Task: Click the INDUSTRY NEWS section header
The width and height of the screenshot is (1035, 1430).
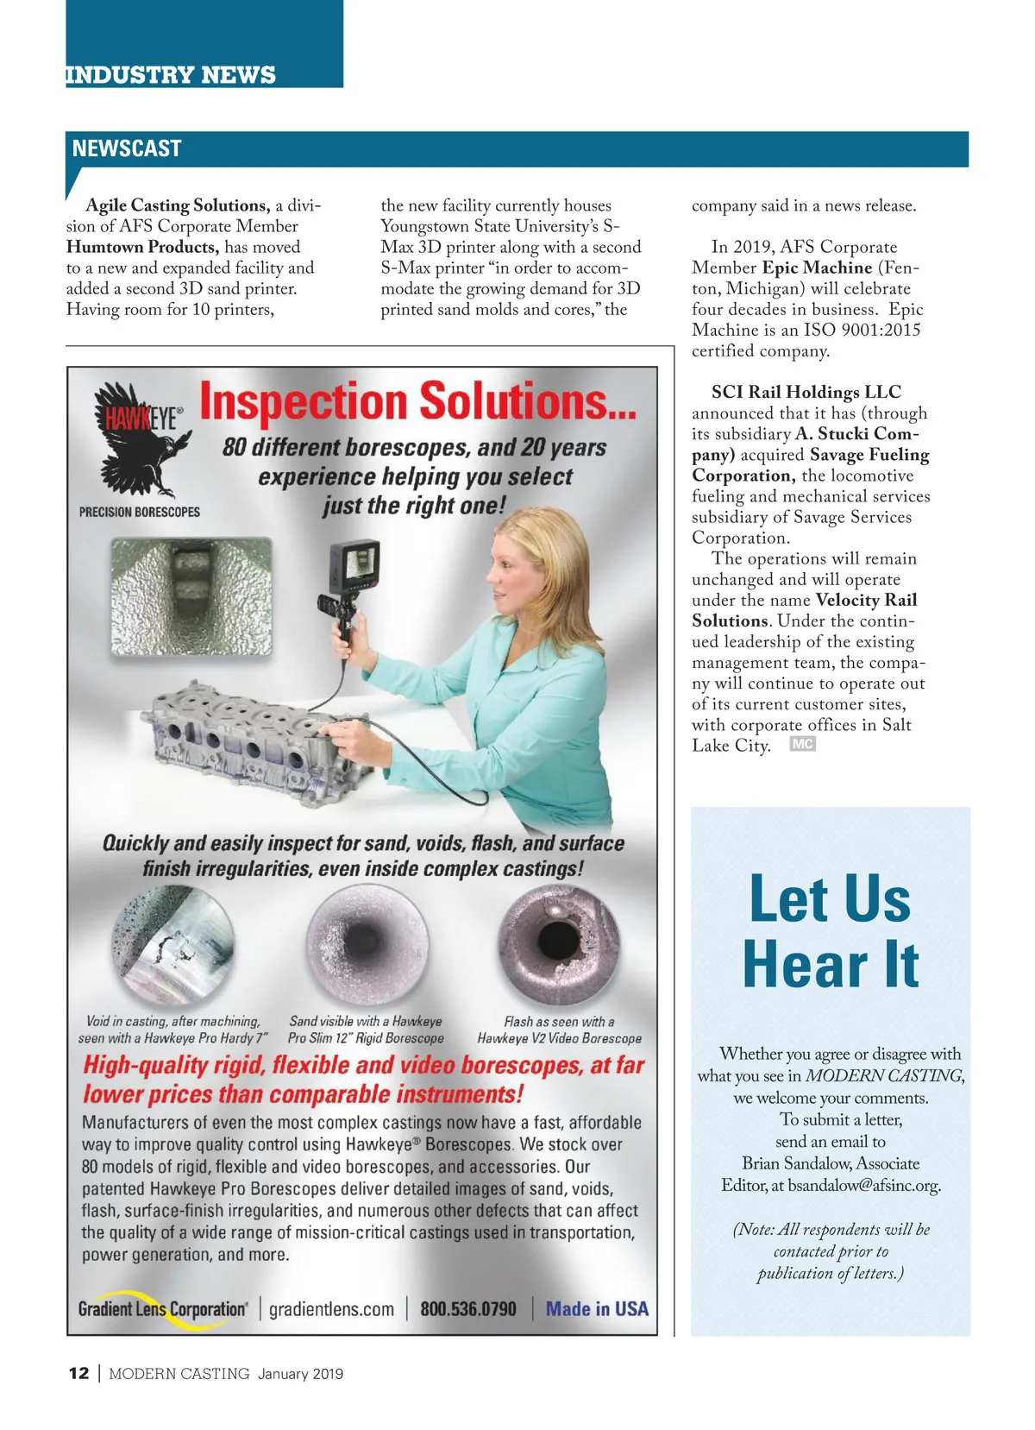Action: tap(171, 75)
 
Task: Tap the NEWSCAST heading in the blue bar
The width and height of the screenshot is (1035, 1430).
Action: tap(127, 148)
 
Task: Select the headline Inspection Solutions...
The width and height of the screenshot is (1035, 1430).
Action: tap(418, 402)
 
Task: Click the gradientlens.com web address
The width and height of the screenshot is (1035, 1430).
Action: tap(331, 1309)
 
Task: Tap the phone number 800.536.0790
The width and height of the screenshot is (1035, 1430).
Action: tap(468, 1309)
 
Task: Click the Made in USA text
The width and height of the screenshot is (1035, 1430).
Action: tap(597, 1309)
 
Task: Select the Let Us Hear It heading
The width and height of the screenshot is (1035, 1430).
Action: tap(831, 932)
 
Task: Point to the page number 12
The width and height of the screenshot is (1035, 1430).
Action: tap(78, 1374)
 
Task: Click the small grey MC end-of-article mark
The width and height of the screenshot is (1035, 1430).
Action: tap(802, 745)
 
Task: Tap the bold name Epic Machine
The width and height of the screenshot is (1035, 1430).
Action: tap(817, 268)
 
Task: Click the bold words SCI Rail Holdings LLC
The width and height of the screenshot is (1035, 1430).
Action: tap(806, 392)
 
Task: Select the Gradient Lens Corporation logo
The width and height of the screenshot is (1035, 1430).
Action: tap(162, 1309)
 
